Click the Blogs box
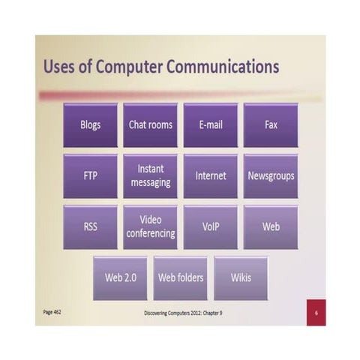pyautogui.click(x=90, y=124)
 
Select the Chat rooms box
pyautogui.click(x=150, y=124)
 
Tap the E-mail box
pyautogui.click(x=211, y=124)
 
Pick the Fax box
pyautogui.click(x=271, y=124)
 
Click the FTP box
pyautogui.click(x=90, y=175)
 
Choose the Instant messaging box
pyautogui.click(x=150, y=175)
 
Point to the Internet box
pyautogui.click(x=211, y=175)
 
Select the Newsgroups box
pyautogui.click(x=271, y=175)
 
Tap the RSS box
pyautogui.click(x=90, y=226)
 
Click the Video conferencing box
pyautogui.click(x=150, y=226)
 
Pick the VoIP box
pyautogui.click(x=211, y=226)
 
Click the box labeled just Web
pyautogui.click(x=271, y=226)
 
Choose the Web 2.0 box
pyautogui.click(x=120, y=277)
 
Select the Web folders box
pyautogui.click(x=180, y=277)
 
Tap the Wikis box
pyautogui.click(x=241, y=277)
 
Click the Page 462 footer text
pyautogui.click(x=52, y=311)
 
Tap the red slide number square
pyautogui.click(x=316, y=312)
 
